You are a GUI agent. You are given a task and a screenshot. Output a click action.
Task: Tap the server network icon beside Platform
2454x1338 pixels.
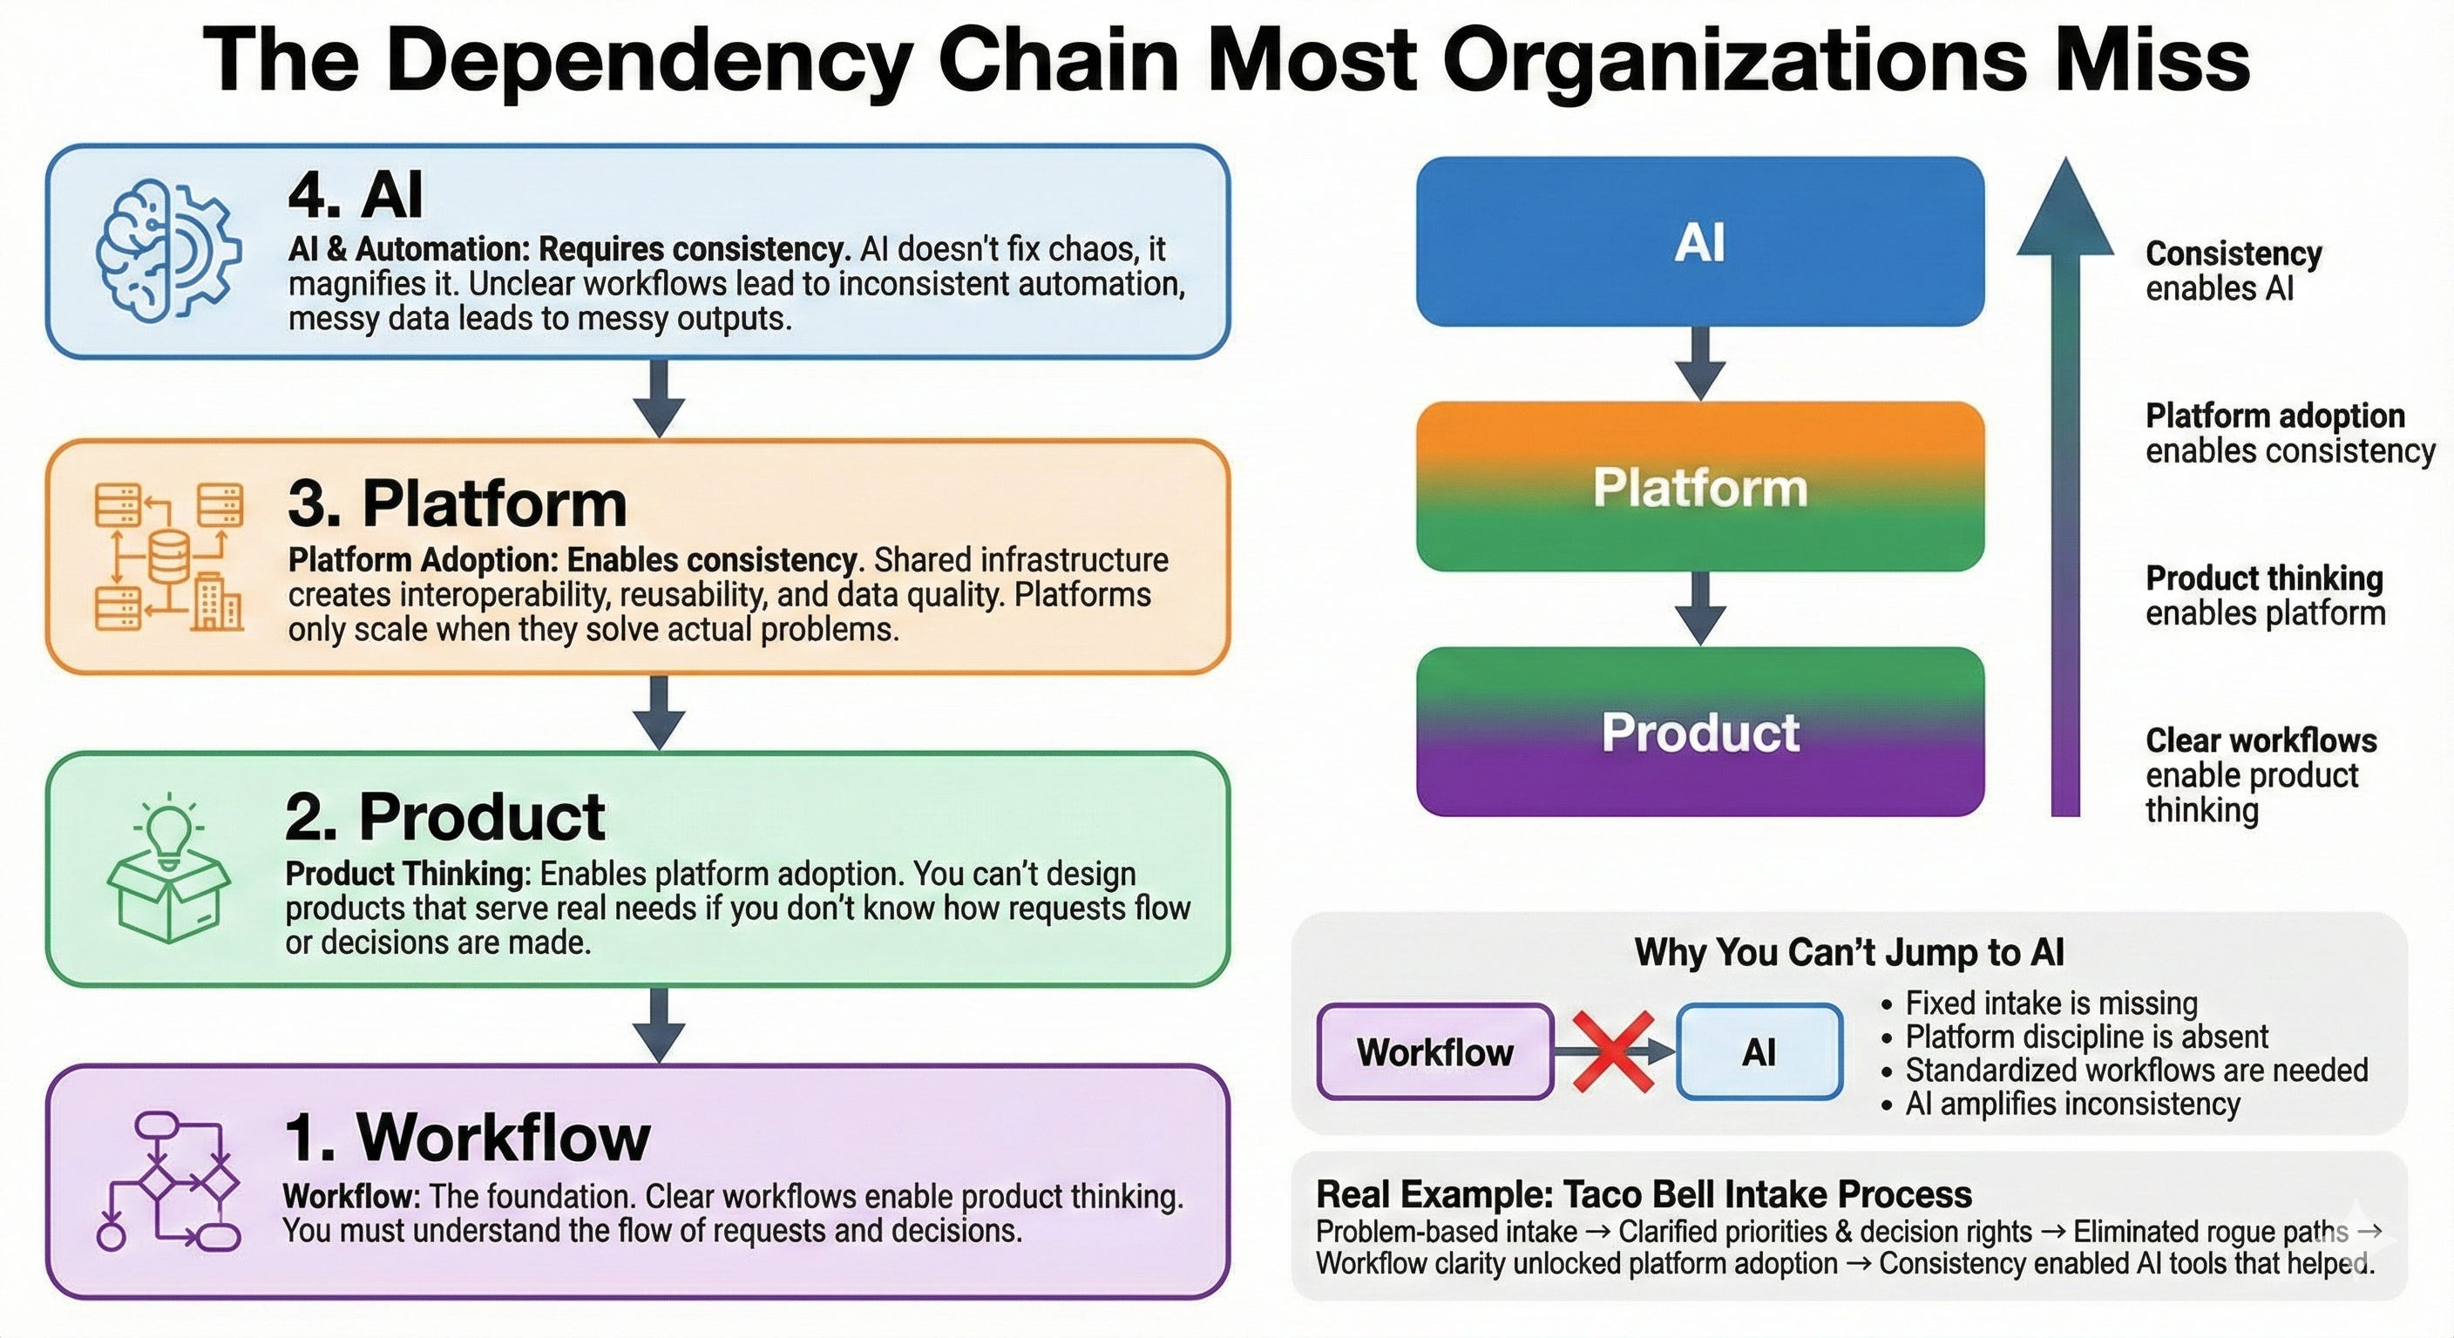[x=168, y=557]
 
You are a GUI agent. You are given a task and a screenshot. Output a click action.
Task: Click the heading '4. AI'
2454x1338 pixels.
[x=356, y=194]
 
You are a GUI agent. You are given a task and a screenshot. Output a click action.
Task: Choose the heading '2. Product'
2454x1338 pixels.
[x=445, y=817]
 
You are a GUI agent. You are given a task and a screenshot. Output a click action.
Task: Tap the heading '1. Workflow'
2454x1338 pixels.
[x=468, y=1137]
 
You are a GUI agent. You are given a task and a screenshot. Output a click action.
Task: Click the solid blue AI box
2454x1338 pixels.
[x=1699, y=242]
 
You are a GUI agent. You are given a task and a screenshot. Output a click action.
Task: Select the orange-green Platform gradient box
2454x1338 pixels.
[x=1699, y=487]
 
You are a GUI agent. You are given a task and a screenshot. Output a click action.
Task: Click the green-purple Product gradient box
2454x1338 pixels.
[x=1699, y=732]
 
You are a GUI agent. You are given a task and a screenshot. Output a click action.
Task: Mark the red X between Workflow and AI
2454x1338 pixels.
[x=1613, y=1051]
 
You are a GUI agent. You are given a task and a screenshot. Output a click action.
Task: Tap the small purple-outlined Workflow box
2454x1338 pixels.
[x=1434, y=1051]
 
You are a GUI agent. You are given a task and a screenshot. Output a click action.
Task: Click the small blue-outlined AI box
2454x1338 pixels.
[x=1759, y=1051]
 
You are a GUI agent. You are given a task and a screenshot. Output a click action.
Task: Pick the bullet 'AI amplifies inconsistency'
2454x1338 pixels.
[x=2072, y=1104]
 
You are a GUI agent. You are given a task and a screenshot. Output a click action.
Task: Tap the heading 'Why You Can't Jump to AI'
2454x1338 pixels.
[x=1849, y=952]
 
